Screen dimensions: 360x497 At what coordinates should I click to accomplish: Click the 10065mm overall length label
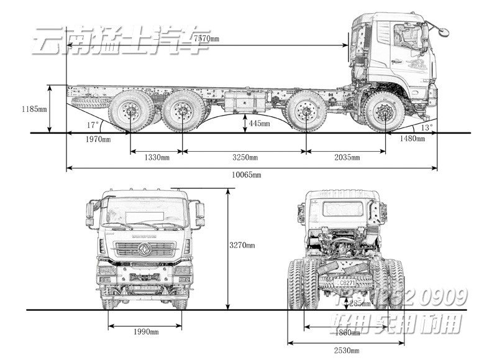tap(247, 175)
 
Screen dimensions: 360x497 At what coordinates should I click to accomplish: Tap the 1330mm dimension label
tap(156, 157)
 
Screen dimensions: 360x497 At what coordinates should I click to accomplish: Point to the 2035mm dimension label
tap(346, 157)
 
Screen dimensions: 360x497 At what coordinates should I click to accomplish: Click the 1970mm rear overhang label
tap(98, 139)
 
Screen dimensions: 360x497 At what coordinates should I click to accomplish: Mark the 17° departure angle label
tap(93, 124)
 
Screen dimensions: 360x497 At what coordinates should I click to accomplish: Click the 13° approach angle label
tap(427, 127)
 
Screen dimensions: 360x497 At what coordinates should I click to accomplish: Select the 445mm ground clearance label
tap(259, 124)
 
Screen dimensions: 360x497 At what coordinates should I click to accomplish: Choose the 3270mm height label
tap(242, 245)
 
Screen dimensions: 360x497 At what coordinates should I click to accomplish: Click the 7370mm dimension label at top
tap(206, 39)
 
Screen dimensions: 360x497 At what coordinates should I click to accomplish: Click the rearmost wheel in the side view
tap(130, 113)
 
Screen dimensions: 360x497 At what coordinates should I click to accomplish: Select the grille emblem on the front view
tap(145, 249)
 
